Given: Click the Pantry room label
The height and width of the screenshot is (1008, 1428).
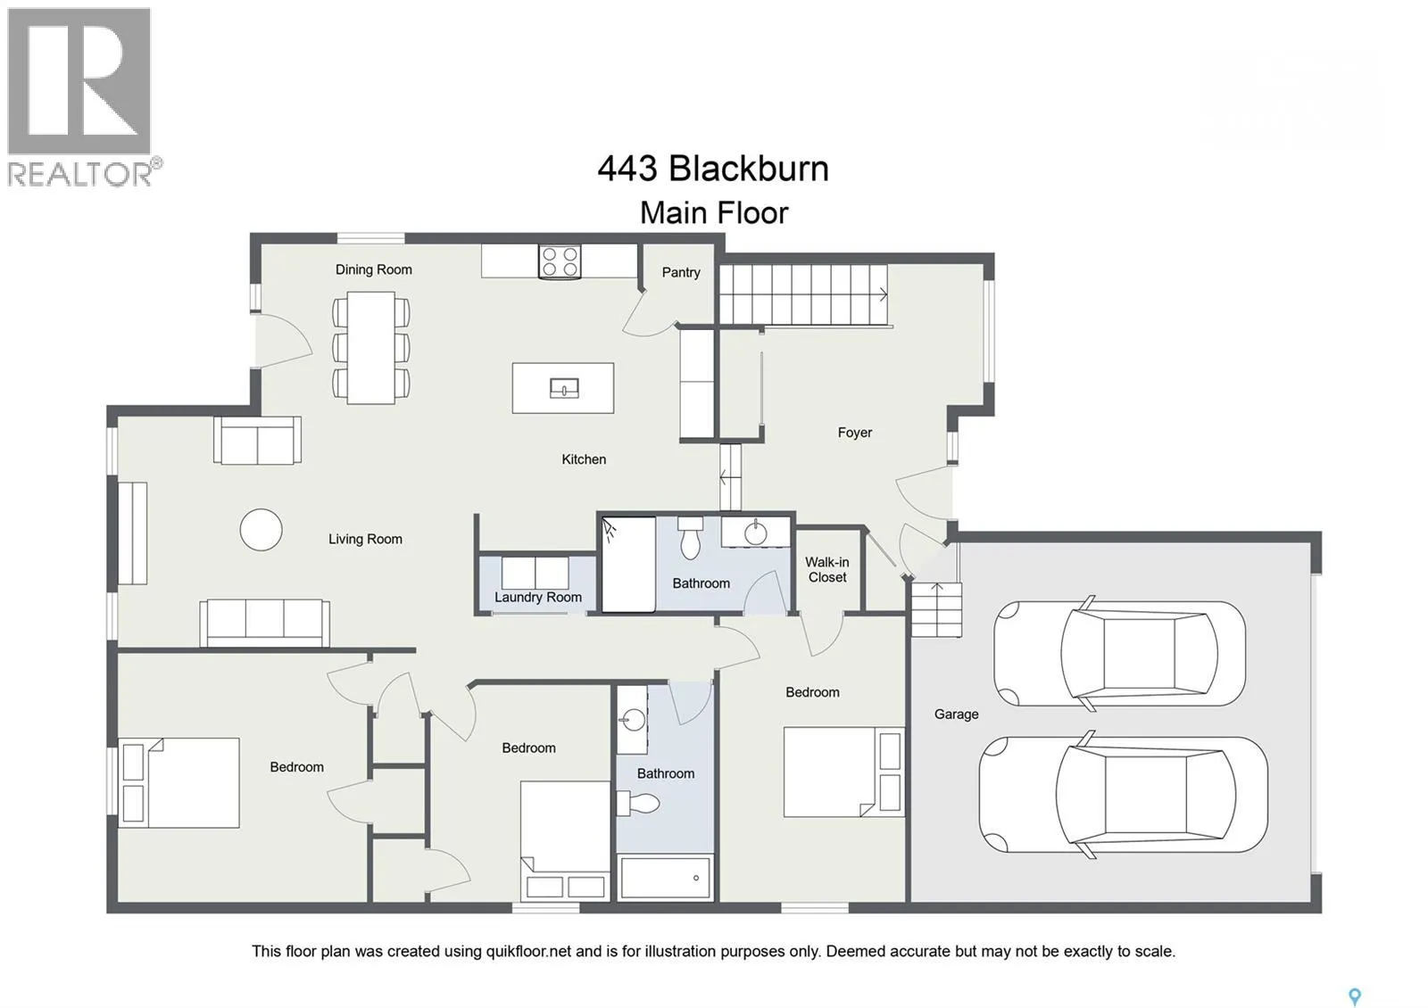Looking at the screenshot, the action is coord(681,273).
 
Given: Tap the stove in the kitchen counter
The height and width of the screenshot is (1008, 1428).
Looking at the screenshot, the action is coord(560,262).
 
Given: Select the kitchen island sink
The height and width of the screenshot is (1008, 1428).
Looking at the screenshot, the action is coord(564,388).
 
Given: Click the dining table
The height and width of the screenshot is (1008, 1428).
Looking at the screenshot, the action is coord(371,348).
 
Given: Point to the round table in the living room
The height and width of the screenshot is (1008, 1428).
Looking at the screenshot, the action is coord(262,530).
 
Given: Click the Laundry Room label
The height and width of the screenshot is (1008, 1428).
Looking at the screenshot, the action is coord(538,598).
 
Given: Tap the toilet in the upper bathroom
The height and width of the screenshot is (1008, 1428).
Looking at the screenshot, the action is coord(691,537).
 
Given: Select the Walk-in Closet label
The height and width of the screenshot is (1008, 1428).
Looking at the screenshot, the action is coord(826,570).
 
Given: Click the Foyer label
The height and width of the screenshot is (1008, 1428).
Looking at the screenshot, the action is coord(855,433).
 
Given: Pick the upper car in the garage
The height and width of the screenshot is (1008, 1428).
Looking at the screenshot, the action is coord(1119,653).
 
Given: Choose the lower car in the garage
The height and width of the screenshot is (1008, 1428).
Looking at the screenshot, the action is coord(1124,795).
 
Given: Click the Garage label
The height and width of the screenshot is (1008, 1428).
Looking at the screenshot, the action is coord(956,715).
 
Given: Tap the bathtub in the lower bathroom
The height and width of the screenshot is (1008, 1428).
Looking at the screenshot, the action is coord(665,878).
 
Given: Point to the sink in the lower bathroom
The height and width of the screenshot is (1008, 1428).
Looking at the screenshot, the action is coord(632,720).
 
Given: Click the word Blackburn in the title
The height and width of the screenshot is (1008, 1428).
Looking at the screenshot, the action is coord(749,169).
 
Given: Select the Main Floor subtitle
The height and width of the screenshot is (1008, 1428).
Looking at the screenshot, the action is coord(714,213).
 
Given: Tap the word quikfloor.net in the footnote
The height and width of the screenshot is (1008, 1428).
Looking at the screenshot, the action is coord(528,951).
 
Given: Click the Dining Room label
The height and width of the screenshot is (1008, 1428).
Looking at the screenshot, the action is coord(374,269).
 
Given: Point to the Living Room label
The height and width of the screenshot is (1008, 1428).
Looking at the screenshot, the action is coord(365,539).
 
